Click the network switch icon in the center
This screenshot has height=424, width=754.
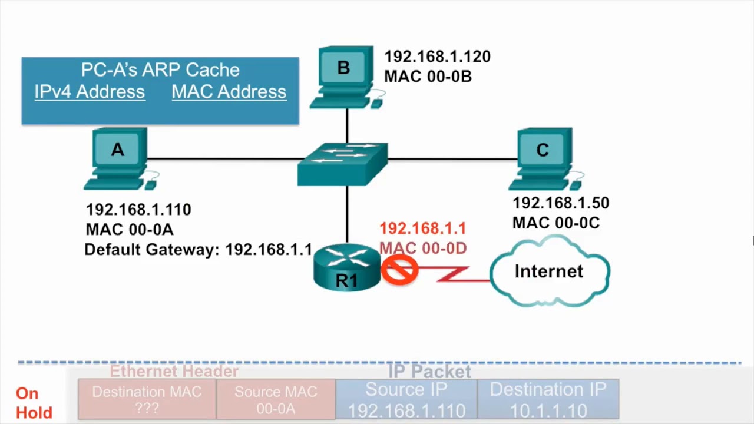coord(343,164)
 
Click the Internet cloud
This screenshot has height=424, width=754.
coord(549,272)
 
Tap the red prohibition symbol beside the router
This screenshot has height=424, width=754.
coord(400,271)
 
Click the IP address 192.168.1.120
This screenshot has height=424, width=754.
coord(437,57)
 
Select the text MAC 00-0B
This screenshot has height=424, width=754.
coord(428,77)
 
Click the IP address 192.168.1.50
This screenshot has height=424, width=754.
coord(560,203)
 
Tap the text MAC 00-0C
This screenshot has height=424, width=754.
coord(555,223)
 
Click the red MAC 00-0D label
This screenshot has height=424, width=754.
coord(423,249)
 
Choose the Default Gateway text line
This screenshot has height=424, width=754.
coord(198,250)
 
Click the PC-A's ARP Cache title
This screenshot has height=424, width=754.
coord(160,70)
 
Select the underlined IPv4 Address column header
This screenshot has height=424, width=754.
coord(90,92)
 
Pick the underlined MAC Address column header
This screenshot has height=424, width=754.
coord(229,92)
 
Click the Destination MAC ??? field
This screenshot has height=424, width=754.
coord(147,399)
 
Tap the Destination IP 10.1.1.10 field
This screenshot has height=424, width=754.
coord(548,399)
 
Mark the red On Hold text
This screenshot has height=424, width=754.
coord(34,403)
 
